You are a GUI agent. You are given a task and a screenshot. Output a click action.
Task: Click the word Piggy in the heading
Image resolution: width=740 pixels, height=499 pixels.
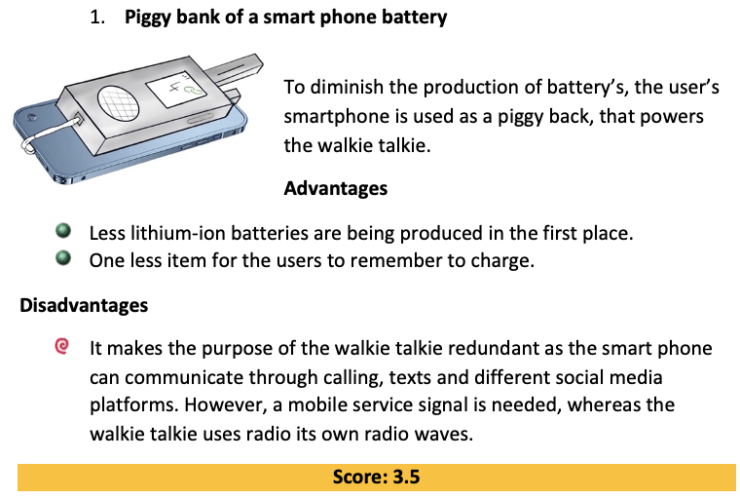pyautogui.click(x=147, y=18)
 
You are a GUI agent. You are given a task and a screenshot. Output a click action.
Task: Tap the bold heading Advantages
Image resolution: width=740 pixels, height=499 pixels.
pyautogui.click(x=336, y=188)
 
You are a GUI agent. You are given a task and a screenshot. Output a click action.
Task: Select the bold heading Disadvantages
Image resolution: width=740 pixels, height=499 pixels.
pyautogui.click(x=84, y=305)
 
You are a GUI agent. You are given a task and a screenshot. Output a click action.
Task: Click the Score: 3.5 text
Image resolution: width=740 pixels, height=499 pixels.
pyautogui.click(x=376, y=477)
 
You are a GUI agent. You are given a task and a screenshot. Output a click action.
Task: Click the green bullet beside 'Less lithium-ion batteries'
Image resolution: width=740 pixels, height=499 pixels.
pyautogui.click(x=63, y=231)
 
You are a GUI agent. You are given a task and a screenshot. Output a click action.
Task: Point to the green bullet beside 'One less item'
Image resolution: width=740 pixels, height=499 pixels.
pyautogui.click(x=63, y=258)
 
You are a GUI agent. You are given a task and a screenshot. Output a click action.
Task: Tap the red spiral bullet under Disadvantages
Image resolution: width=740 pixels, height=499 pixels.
pyautogui.click(x=61, y=346)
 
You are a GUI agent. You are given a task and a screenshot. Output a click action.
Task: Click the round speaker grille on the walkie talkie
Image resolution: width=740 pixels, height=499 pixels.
pyautogui.click(x=118, y=103)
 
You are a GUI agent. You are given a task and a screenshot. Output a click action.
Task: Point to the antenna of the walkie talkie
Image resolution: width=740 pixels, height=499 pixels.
pyautogui.click(x=233, y=69)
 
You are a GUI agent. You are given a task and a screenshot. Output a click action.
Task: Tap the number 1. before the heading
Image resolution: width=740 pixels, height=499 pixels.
pyautogui.click(x=97, y=18)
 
